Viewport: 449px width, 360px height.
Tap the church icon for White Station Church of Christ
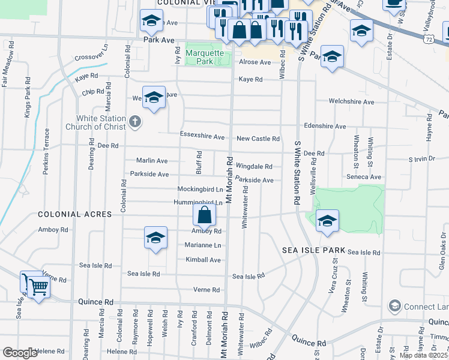[x=135, y=122]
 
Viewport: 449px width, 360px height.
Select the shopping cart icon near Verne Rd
[x=38, y=288]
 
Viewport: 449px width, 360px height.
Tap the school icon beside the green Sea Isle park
[x=327, y=220]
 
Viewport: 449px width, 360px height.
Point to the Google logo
[x=20, y=353]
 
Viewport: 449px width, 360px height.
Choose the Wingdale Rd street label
[x=254, y=166]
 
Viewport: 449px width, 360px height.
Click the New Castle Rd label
[x=258, y=139]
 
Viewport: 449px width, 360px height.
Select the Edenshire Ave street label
[x=325, y=127]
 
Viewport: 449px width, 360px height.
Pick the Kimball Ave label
[x=203, y=260]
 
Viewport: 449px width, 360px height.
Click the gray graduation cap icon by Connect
[x=394, y=306]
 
